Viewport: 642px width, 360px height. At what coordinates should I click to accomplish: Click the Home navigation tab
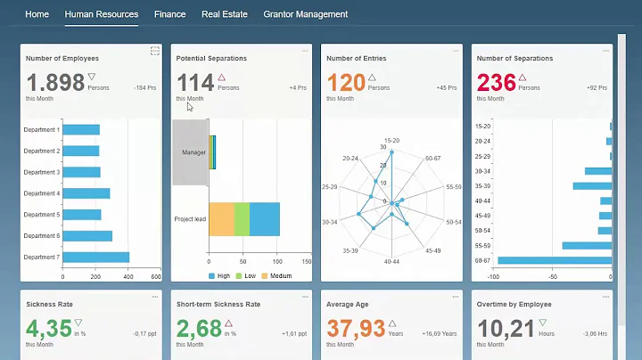[37, 14]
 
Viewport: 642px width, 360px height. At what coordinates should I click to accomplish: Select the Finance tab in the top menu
[169, 14]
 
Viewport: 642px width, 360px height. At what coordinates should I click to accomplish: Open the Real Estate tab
[224, 14]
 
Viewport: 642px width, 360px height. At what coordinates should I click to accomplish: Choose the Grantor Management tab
[305, 14]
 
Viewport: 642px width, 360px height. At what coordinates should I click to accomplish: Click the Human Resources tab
[102, 14]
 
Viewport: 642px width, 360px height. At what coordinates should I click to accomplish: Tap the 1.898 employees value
[55, 84]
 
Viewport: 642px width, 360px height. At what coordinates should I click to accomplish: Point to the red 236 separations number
[498, 84]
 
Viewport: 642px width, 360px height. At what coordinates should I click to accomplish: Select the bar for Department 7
[96, 258]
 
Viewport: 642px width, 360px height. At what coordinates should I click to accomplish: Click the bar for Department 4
[86, 193]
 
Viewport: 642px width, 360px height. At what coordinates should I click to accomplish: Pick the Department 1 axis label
[42, 130]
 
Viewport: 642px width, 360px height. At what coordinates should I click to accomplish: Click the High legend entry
[222, 276]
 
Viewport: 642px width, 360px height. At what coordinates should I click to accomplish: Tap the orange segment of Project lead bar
[221, 218]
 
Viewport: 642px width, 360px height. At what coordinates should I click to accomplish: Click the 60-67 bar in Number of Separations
[554, 260]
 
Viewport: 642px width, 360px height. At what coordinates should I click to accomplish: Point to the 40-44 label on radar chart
[391, 262]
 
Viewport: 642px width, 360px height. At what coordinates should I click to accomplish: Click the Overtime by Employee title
[514, 304]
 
